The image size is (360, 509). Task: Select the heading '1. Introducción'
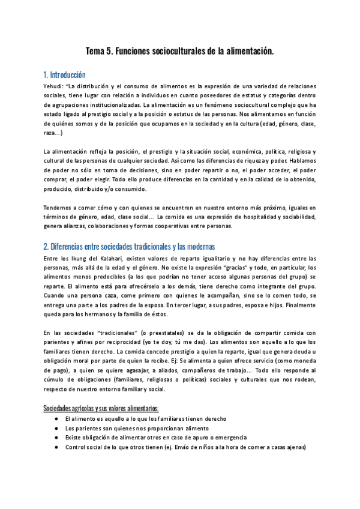point(65,75)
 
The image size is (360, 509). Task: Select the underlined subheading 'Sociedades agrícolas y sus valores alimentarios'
point(100,408)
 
